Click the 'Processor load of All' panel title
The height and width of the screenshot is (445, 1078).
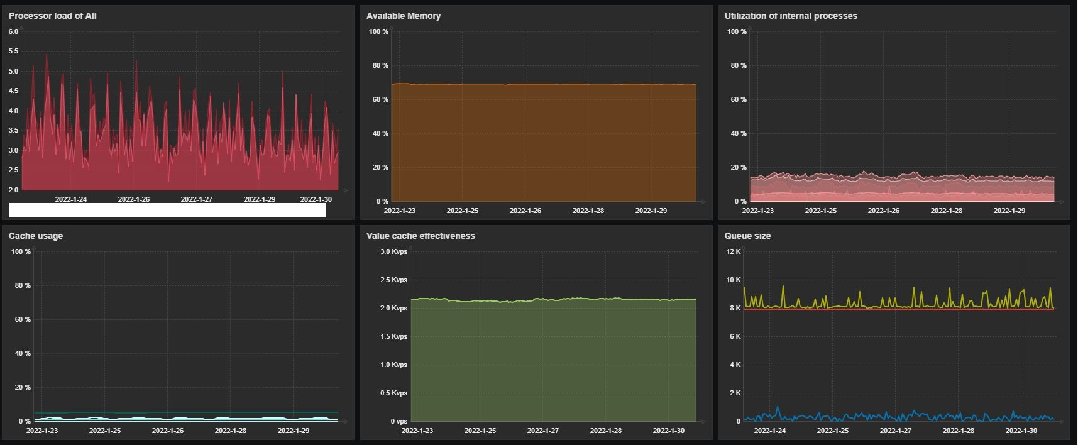(x=52, y=16)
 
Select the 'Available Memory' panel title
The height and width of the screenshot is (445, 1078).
(x=403, y=16)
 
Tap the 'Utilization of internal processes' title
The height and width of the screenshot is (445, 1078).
(x=790, y=16)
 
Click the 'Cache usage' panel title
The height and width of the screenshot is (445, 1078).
(x=36, y=236)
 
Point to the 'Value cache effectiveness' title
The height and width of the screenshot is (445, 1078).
(x=421, y=236)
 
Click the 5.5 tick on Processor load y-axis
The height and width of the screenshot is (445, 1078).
(x=13, y=52)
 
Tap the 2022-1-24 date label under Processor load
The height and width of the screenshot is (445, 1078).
(x=71, y=199)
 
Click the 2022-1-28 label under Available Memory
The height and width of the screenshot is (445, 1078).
(x=588, y=211)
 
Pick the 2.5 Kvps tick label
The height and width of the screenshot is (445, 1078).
(x=393, y=280)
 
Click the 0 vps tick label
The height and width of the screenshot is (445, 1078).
(x=399, y=421)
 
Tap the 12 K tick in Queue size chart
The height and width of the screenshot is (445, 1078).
(x=734, y=251)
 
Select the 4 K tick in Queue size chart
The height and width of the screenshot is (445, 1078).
(x=735, y=365)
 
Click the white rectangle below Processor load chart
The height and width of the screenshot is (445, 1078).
(x=167, y=210)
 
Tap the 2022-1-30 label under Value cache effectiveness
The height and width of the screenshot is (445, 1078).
(x=668, y=431)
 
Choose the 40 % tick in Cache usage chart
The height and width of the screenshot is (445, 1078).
(x=23, y=353)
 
